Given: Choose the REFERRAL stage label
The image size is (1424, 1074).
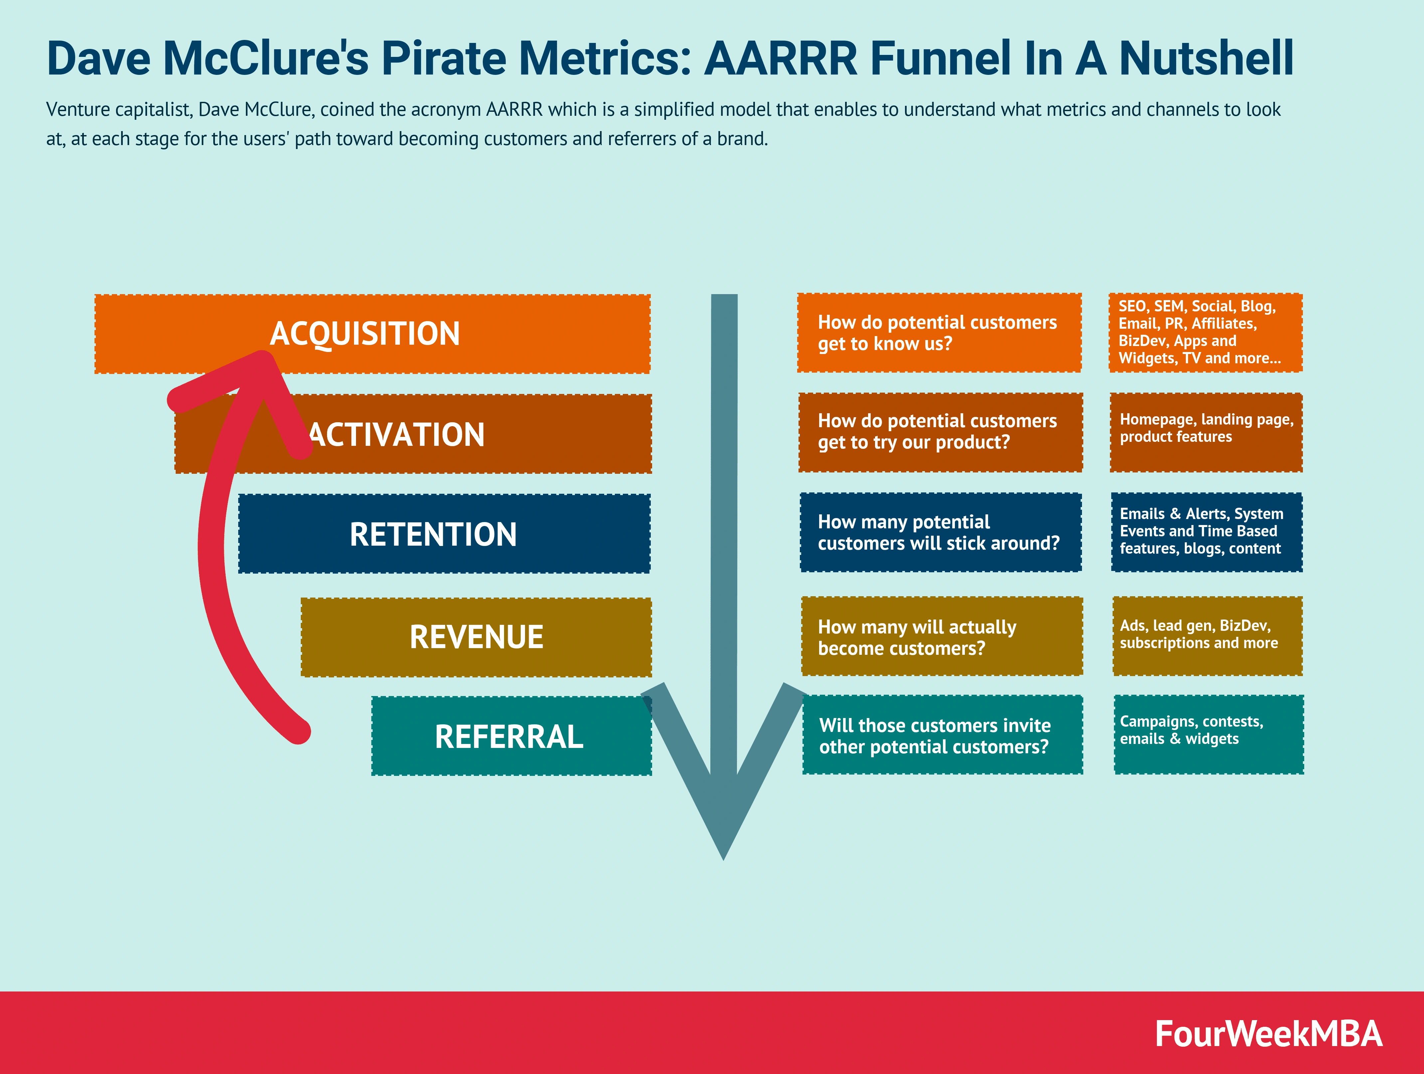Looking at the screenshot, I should tap(509, 737).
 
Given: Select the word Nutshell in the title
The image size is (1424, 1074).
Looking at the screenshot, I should tap(1206, 58).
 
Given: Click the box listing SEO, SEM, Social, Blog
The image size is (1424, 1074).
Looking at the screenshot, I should tap(1205, 332).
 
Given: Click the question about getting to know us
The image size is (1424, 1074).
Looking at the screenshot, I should tap(939, 333).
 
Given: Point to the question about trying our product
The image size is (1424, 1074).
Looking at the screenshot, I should tap(940, 432).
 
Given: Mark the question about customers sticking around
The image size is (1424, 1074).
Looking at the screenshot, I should tap(940, 532).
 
